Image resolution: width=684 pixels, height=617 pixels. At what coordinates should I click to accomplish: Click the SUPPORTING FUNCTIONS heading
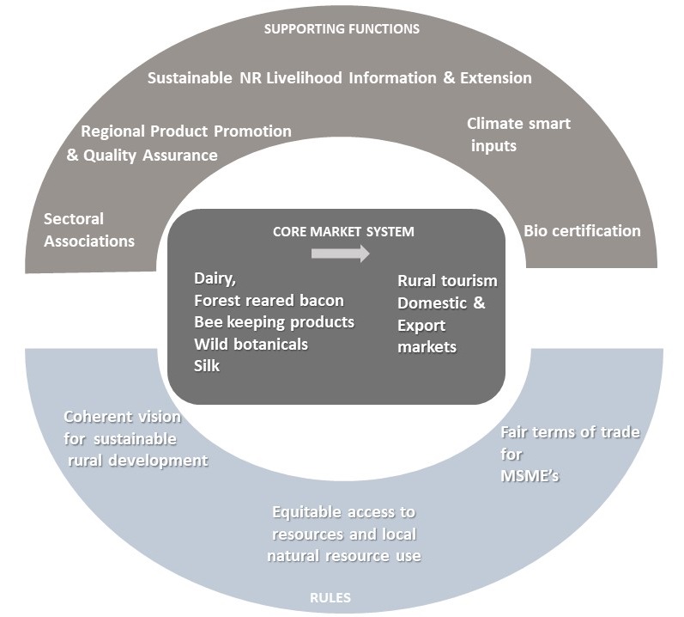coord(342,29)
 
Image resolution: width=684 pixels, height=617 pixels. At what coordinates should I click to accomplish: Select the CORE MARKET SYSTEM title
coord(343,232)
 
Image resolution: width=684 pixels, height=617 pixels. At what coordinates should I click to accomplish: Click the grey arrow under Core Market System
coord(340,254)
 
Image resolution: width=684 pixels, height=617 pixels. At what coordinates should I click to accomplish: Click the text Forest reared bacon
coord(269,301)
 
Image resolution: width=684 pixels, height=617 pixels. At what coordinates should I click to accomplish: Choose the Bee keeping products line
coord(274,322)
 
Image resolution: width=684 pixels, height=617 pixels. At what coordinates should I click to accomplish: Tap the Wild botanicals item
coord(251,344)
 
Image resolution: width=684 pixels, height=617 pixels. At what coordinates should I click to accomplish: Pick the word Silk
coord(207,365)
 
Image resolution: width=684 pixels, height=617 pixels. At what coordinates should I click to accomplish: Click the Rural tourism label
coord(447,281)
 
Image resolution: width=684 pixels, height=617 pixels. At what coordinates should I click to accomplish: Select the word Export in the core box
coord(421,326)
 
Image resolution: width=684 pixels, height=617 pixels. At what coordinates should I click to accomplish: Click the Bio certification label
coord(582,230)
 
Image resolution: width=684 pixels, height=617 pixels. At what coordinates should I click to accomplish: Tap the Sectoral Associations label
coord(89,229)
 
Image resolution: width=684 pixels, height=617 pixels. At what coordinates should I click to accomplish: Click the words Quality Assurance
coord(150,156)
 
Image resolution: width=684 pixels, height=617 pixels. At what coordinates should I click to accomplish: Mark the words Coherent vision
coord(123,417)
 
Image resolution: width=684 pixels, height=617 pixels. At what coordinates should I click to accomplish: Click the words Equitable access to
coord(343,512)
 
